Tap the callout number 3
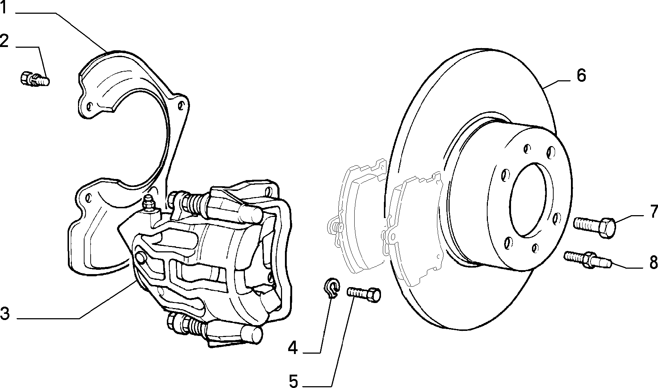coord(4,313)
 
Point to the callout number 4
coord(293,348)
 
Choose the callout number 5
coord(293,380)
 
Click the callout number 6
coord(581,75)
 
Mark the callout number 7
coord(653,212)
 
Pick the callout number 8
coord(653,263)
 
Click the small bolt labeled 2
coord(35,78)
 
